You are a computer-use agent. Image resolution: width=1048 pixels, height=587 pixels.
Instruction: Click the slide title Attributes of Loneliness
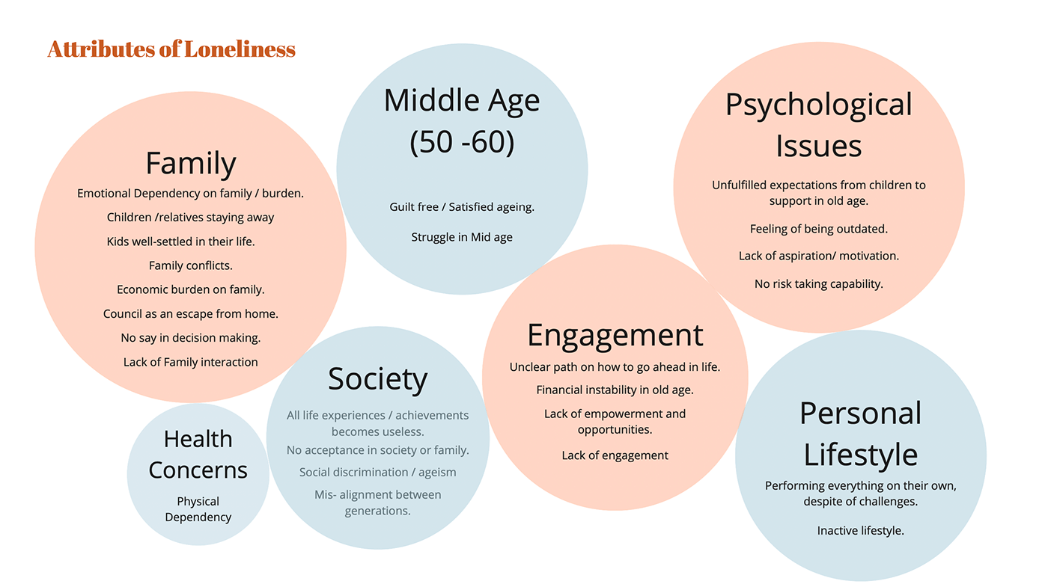[171, 49]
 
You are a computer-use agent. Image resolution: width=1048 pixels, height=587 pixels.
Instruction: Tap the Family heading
[190, 164]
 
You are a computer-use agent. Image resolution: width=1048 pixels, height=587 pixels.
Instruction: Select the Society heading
[377, 379]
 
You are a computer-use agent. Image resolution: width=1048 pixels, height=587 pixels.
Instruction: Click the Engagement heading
[615, 335]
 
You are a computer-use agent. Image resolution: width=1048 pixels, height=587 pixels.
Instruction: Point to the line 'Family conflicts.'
[190, 265]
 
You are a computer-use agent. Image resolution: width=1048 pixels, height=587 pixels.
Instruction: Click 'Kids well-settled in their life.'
[180, 242]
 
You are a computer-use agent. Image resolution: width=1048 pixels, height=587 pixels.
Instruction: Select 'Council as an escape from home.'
[190, 314]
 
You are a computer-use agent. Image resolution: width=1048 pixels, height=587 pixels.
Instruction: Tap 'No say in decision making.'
[190, 338]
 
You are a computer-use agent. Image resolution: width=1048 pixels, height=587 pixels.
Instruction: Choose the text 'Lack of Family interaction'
[190, 362]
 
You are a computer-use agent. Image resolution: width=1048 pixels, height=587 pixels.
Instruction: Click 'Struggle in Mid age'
[462, 237]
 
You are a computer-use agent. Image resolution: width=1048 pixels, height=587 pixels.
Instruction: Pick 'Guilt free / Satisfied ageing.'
[462, 207]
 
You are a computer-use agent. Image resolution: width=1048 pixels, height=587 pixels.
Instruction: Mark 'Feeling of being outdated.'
[818, 229]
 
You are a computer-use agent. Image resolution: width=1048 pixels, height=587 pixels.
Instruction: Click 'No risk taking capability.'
[818, 284]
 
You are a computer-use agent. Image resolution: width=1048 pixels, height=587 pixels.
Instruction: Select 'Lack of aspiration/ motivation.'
[818, 256]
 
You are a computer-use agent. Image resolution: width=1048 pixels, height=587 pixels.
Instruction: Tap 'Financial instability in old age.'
[615, 390]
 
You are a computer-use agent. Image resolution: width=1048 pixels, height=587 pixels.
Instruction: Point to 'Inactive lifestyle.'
[860, 531]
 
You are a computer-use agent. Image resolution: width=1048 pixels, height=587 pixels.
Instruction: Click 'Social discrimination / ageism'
[377, 473]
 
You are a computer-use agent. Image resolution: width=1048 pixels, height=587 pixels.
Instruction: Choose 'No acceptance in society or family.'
[377, 450]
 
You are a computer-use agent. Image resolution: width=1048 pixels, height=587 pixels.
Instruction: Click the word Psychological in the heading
[818, 105]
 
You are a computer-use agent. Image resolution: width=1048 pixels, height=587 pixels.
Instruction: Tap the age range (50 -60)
[462, 142]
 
